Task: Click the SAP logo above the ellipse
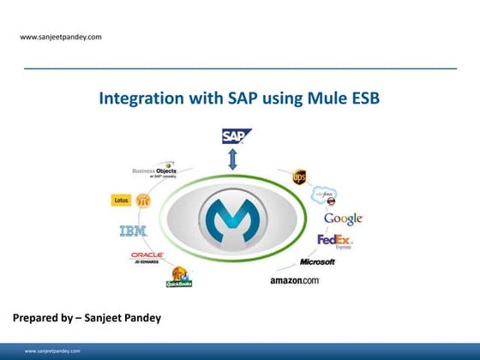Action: (x=236, y=135)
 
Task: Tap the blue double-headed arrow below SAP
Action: (x=231, y=159)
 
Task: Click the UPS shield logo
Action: (x=299, y=177)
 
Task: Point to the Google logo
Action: (x=343, y=219)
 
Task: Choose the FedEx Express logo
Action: (x=335, y=241)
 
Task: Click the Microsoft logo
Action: (x=317, y=261)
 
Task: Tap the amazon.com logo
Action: (x=295, y=280)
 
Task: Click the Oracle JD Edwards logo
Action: (x=147, y=256)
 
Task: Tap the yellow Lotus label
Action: (x=122, y=201)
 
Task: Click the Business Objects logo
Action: (x=154, y=172)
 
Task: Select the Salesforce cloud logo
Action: (x=323, y=195)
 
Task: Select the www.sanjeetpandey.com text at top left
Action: (x=61, y=37)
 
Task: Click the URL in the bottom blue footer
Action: (x=52, y=351)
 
